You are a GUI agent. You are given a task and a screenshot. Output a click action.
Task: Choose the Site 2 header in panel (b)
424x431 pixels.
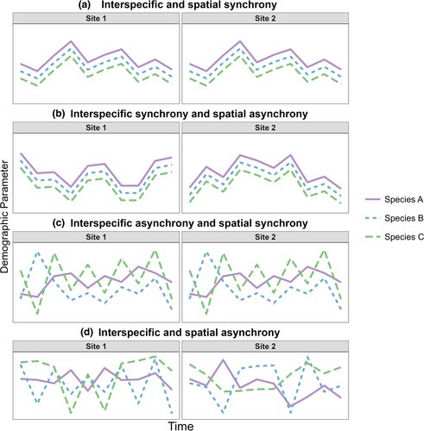click(263, 128)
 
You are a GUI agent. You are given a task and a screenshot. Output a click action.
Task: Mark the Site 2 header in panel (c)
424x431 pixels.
click(263, 236)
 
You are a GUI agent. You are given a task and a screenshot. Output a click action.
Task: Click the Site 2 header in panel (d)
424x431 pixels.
click(263, 345)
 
